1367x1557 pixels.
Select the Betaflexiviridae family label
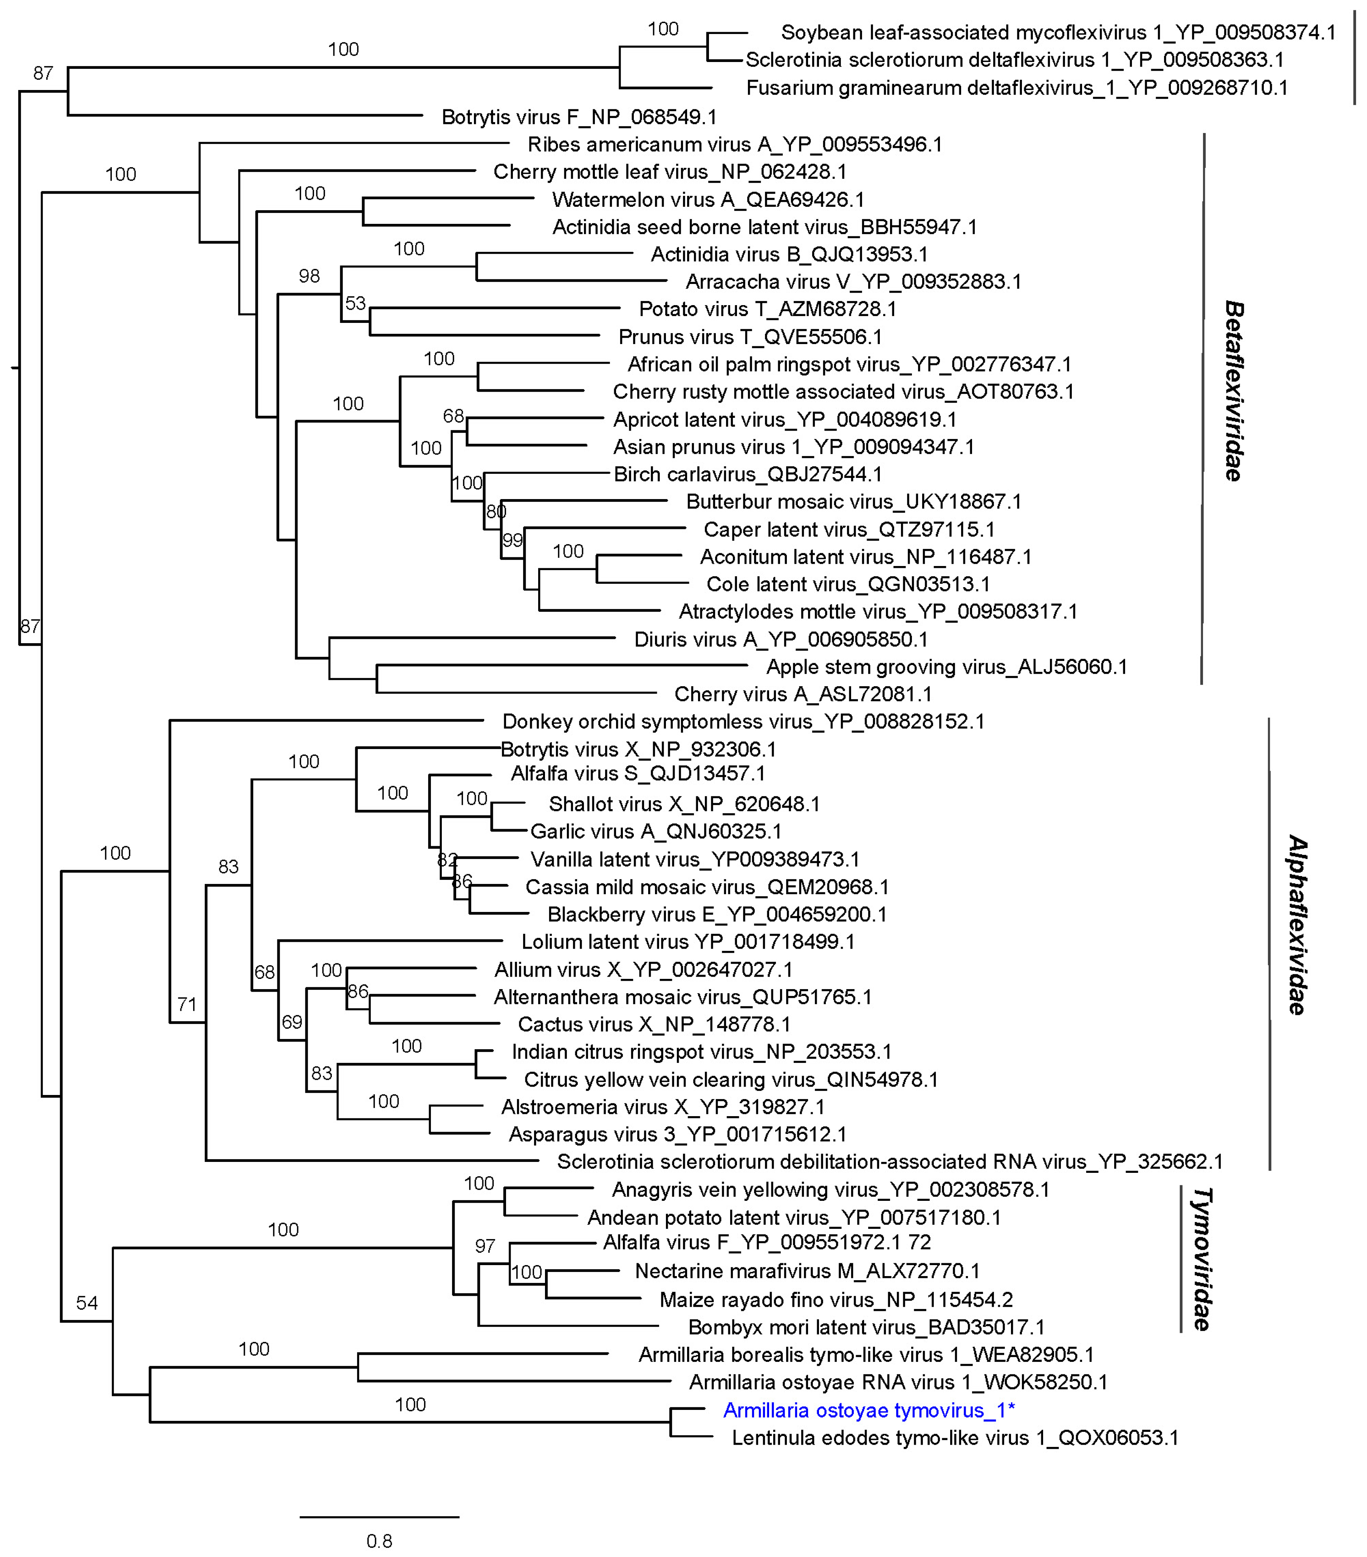[1234, 391]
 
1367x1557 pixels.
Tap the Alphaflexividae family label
[1297, 926]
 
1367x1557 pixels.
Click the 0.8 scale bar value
[378, 1541]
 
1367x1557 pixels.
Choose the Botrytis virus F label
[579, 116]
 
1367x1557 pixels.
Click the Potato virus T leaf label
[767, 309]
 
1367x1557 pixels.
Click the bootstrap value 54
[87, 1303]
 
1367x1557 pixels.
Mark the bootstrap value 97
[485, 1246]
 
